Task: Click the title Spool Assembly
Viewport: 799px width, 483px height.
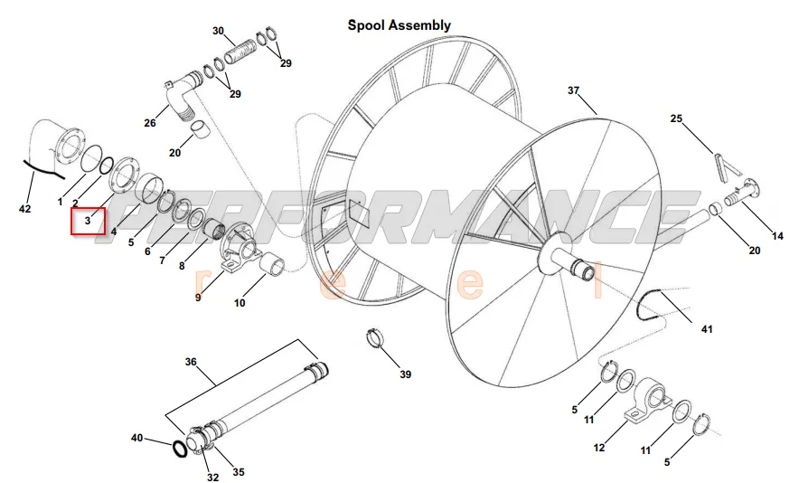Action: point(399,25)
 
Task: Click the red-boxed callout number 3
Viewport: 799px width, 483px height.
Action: point(89,221)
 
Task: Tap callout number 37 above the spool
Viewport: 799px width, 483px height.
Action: point(573,90)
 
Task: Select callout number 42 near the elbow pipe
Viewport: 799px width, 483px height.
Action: point(24,209)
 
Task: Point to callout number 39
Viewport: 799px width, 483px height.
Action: point(405,374)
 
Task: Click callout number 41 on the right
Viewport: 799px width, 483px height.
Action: point(706,329)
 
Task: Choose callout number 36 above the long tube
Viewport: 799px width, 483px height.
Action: point(191,362)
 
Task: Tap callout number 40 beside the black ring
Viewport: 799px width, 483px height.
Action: point(136,438)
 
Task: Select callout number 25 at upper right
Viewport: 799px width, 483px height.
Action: point(676,118)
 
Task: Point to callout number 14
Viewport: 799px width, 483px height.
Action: point(776,236)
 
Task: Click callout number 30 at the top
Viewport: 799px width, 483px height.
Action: point(218,31)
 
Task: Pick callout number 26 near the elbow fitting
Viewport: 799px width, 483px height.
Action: point(149,123)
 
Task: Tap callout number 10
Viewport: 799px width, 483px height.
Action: point(240,303)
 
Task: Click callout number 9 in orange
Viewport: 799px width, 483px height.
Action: point(198,298)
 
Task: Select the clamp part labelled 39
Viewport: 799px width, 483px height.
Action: point(375,339)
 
